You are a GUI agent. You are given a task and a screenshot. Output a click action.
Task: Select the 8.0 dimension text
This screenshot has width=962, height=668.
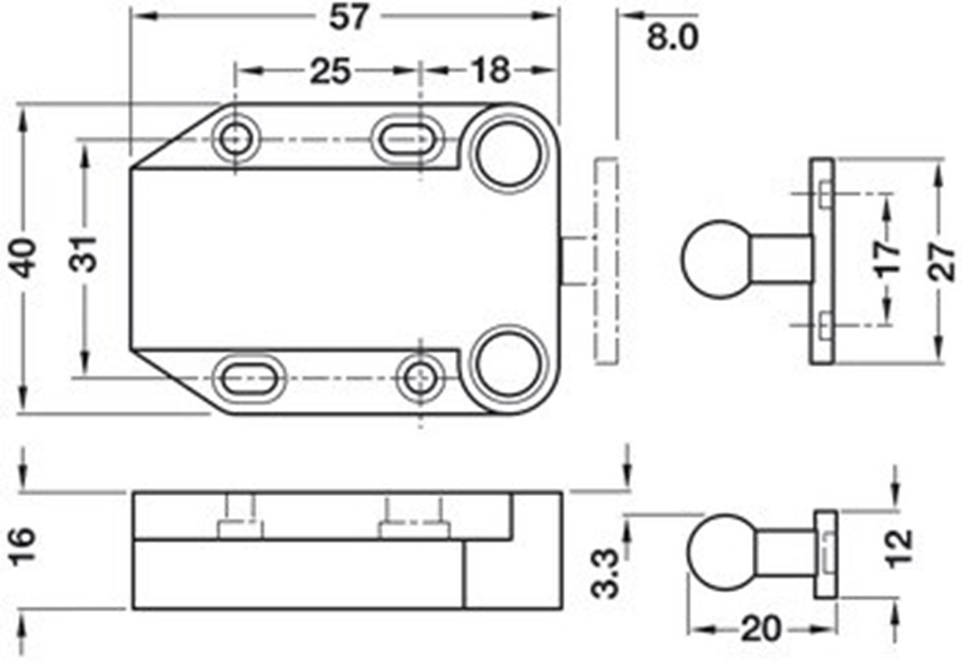click(x=673, y=37)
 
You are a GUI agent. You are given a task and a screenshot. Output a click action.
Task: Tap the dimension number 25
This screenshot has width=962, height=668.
click(x=330, y=71)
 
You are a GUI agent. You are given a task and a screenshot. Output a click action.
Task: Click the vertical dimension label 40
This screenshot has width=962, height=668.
click(x=26, y=257)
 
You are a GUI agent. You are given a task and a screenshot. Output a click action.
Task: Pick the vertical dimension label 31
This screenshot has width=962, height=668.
click(x=89, y=253)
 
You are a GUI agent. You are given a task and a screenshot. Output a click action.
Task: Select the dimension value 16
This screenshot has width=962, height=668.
click(x=23, y=545)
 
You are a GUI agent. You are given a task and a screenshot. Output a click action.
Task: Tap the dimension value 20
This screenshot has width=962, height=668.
click(x=762, y=630)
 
